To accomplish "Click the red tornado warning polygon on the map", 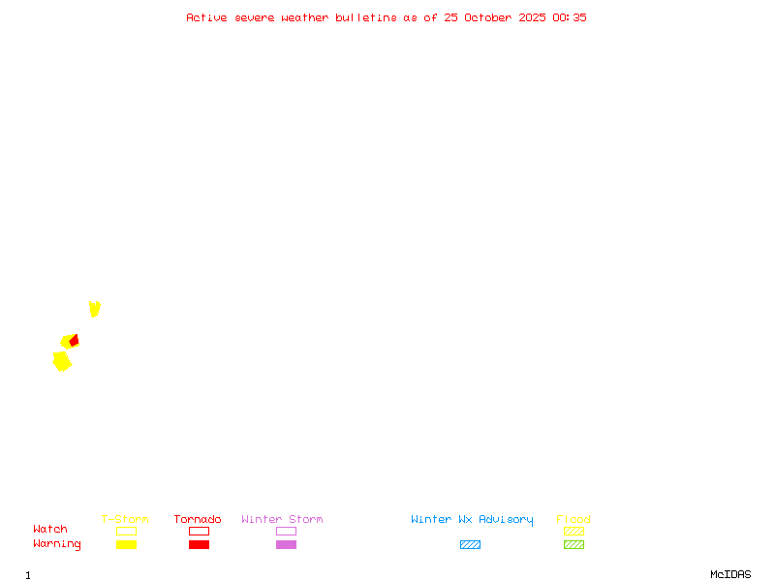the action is click(x=75, y=341).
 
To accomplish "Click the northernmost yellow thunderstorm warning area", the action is click(x=94, y=309).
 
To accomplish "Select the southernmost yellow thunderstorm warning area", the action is click(x=62, y=361).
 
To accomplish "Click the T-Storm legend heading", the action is click(x=125, y=519).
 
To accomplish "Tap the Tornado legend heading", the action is click(x=198, y=519).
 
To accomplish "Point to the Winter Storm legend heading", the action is click(x=282, y=519).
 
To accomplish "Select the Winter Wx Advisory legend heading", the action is click(x=472, y=520).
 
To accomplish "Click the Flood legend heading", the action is click(x=573, y=519).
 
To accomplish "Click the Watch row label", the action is click(x=50, y=529).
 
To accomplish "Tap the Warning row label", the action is click(x=57, y=544).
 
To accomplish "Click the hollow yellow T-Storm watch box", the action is click(x=127, y=531).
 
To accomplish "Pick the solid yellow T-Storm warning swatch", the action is click(x=127, y=544).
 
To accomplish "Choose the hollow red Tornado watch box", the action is click(x=200, y=531).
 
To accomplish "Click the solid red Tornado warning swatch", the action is click(x=200, y=544).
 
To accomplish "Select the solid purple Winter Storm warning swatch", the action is click(x=286, y=544).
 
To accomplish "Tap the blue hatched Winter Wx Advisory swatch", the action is click(x=470, y=544).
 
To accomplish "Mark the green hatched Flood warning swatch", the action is click(x=573, y=544).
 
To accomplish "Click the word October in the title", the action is click(x=488, y=17).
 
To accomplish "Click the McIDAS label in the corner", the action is click(x=730, y=574).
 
